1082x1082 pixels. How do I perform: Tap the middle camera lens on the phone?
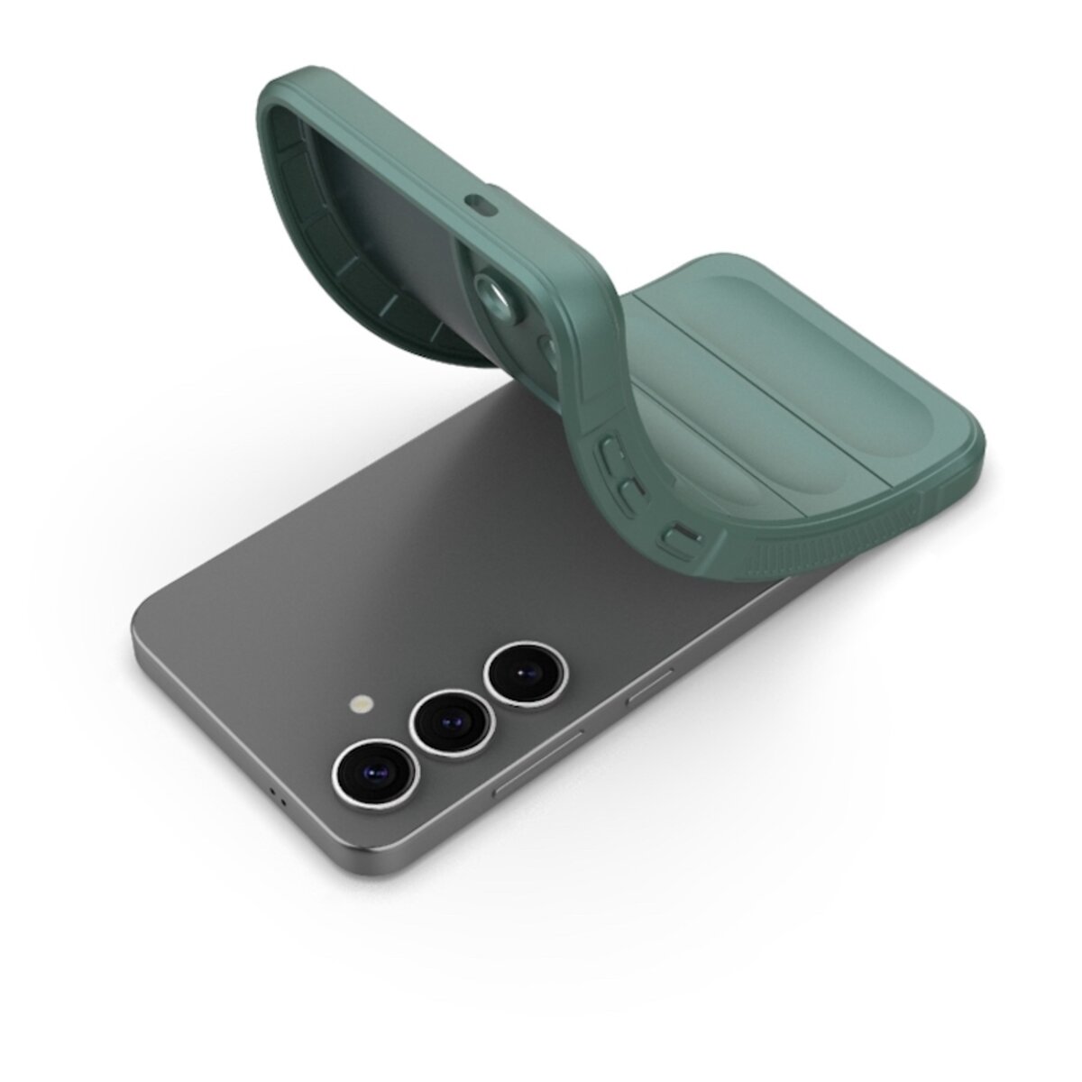pos(449,721)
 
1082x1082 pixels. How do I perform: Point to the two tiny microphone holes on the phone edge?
pos(280,798)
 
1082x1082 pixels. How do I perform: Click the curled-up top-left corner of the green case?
pos(270,90)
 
